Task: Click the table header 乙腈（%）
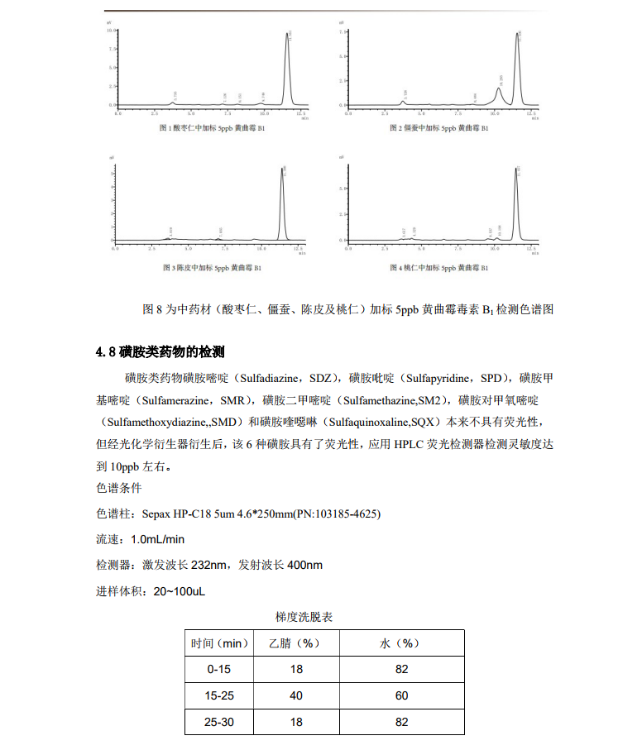click(295, 643)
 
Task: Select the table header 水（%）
click(401, 643)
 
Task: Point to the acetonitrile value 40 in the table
click(295, 695)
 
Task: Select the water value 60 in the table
click(401, 695)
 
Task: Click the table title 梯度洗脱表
click(303, 617)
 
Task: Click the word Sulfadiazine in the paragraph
click(271, 378)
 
